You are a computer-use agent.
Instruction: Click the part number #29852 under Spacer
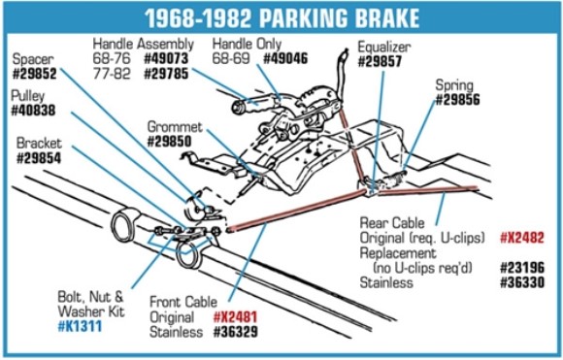point(34,72)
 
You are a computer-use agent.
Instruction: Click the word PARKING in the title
point(323,18)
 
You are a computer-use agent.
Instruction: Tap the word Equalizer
point(383,46)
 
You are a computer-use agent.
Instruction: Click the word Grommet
point(175,126)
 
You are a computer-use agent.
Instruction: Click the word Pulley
point(28,97)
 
